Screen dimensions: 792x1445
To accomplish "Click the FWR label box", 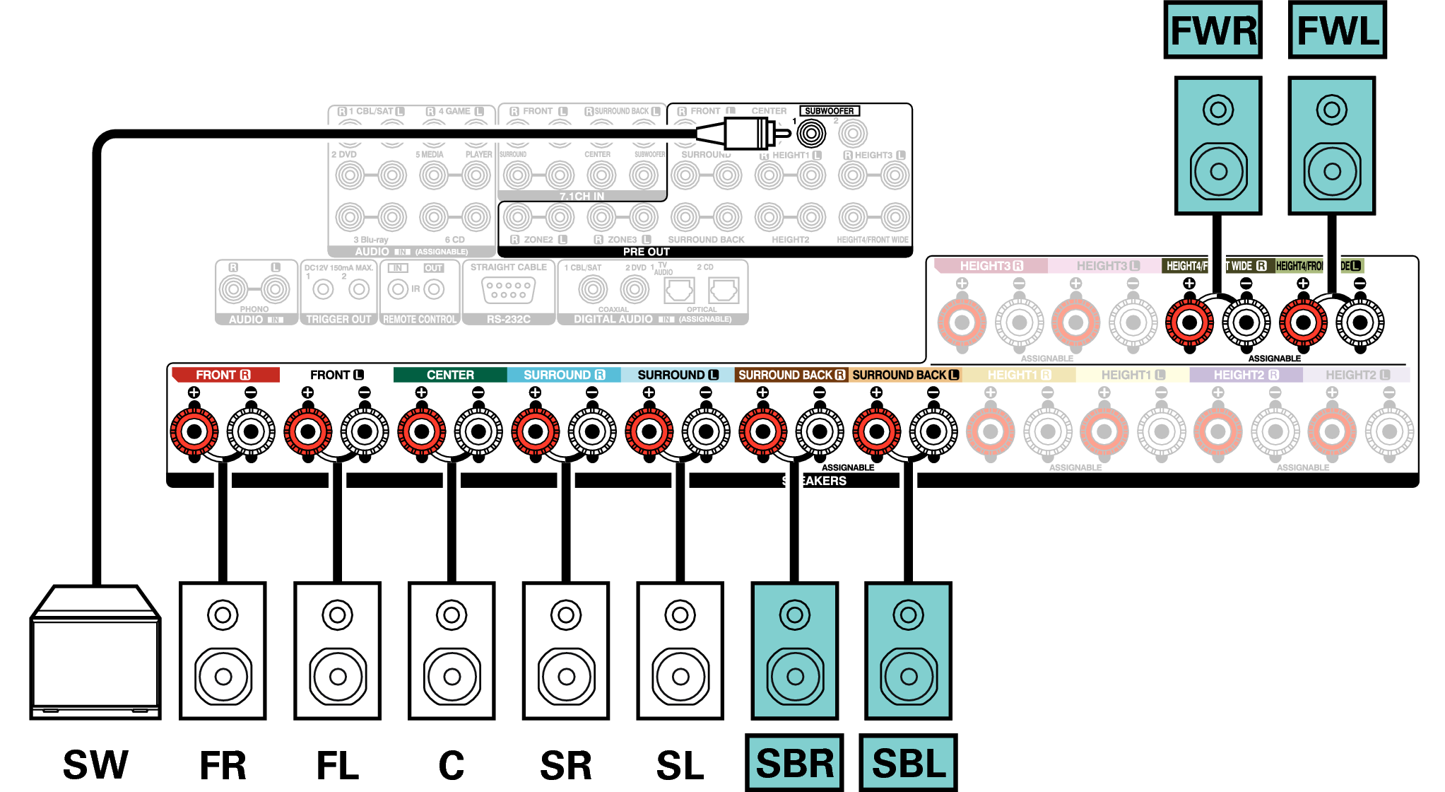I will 1213,30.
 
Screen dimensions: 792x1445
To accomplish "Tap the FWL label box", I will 1337,30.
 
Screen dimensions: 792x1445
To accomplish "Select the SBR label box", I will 794,763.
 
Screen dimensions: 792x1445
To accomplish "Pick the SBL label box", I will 908,763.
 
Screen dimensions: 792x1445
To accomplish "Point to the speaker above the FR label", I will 223,651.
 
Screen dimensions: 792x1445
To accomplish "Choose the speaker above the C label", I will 452,651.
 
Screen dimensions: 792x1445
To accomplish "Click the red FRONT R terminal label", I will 225,375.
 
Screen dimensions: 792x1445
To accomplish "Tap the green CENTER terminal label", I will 450,375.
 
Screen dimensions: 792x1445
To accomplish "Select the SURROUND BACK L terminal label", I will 905,375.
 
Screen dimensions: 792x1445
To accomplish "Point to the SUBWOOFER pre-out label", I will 829,111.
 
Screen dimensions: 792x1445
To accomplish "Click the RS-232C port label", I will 508,320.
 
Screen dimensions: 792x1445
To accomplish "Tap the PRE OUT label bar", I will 647,252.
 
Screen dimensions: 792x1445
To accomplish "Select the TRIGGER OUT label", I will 338,320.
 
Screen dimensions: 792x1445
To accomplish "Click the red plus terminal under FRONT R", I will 194,431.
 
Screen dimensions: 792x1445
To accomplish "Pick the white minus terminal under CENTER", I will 478,431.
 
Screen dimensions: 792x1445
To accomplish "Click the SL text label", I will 680,765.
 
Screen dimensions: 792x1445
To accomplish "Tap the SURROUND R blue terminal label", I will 564,375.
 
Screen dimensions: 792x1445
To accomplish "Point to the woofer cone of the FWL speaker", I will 1332,171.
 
